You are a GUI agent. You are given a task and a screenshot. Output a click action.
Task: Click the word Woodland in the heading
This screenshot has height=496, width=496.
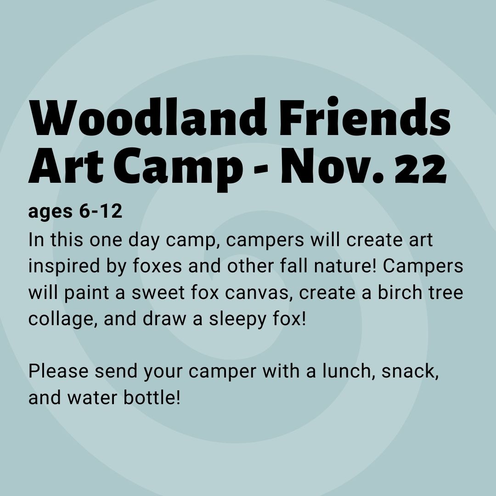pos(148,116)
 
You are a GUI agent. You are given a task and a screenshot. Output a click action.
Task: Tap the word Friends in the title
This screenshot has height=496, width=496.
pos(365,116)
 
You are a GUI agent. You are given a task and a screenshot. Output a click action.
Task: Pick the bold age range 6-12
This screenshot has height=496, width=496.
pos(101,211)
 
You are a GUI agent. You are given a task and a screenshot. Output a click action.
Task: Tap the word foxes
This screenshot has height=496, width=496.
pos(157,266)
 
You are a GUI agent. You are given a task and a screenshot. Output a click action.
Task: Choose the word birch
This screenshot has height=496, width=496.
pos(400,292)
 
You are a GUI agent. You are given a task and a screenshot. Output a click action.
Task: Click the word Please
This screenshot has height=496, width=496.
pos(58,371)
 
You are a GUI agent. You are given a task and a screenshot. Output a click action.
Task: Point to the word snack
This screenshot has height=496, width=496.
pos(407,371)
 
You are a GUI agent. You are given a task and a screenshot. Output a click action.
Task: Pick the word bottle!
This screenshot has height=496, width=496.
pos(152,397)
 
